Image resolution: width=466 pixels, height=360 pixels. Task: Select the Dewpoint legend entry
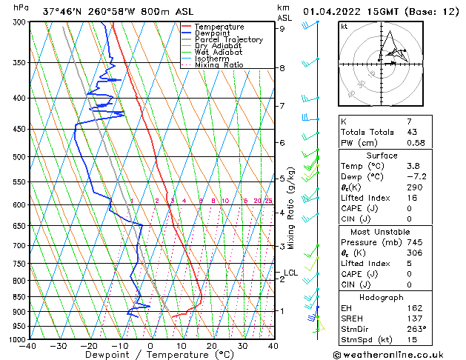pyautogui.click(x=212, y=33)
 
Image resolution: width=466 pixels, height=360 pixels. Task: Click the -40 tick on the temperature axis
pyautogui.click(x=29, y=345)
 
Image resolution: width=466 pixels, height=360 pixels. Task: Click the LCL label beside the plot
pyautogui.click(x=290, y=273)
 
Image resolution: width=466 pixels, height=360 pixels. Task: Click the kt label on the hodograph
pyautogui.click(x=344, y=26)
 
